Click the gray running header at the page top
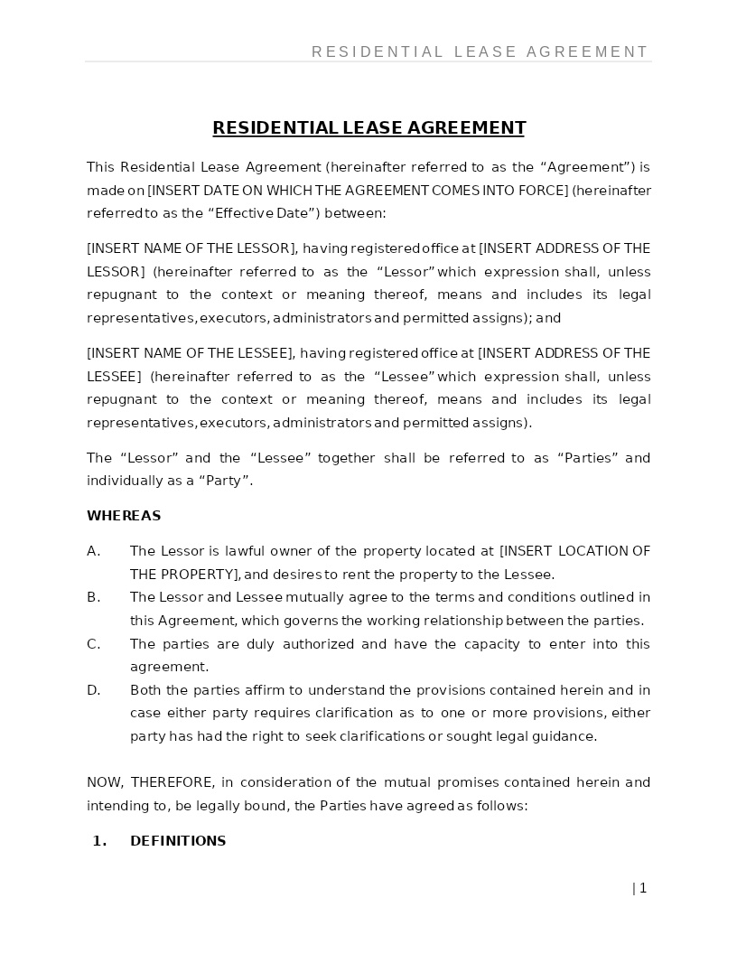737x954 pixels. pos(480,52)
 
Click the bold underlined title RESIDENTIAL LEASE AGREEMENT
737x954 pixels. pos(368,128)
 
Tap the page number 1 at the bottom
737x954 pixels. pos(642,888)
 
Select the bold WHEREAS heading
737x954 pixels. pos(124,516)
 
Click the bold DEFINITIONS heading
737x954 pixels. pos(178,841)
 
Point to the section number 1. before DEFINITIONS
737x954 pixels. pos(99,841)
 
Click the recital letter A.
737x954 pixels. pos(93,551)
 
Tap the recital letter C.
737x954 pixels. pos(93,644)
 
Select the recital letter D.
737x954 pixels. pos(93,690)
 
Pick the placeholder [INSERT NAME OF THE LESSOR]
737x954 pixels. pos(191,248)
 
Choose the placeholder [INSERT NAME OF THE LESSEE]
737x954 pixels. pos(191,353)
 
